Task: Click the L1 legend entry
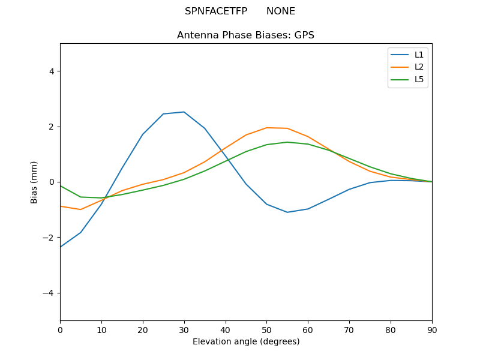419,55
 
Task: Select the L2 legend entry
419,67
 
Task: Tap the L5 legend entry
419,79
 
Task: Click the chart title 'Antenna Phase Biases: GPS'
245,35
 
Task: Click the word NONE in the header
281,11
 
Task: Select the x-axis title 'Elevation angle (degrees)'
246,341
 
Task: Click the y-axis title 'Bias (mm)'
34,182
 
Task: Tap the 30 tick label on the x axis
184,329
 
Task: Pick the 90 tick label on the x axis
432,329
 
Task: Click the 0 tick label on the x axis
60,329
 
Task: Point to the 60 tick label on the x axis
308,329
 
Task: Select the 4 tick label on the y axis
52,71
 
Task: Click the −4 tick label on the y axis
49,293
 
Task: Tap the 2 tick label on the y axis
52,127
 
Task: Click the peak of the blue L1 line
184,112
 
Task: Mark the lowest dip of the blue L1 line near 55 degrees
287,212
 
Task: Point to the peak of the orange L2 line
267,128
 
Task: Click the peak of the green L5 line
287,142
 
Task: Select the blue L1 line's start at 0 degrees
61,247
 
